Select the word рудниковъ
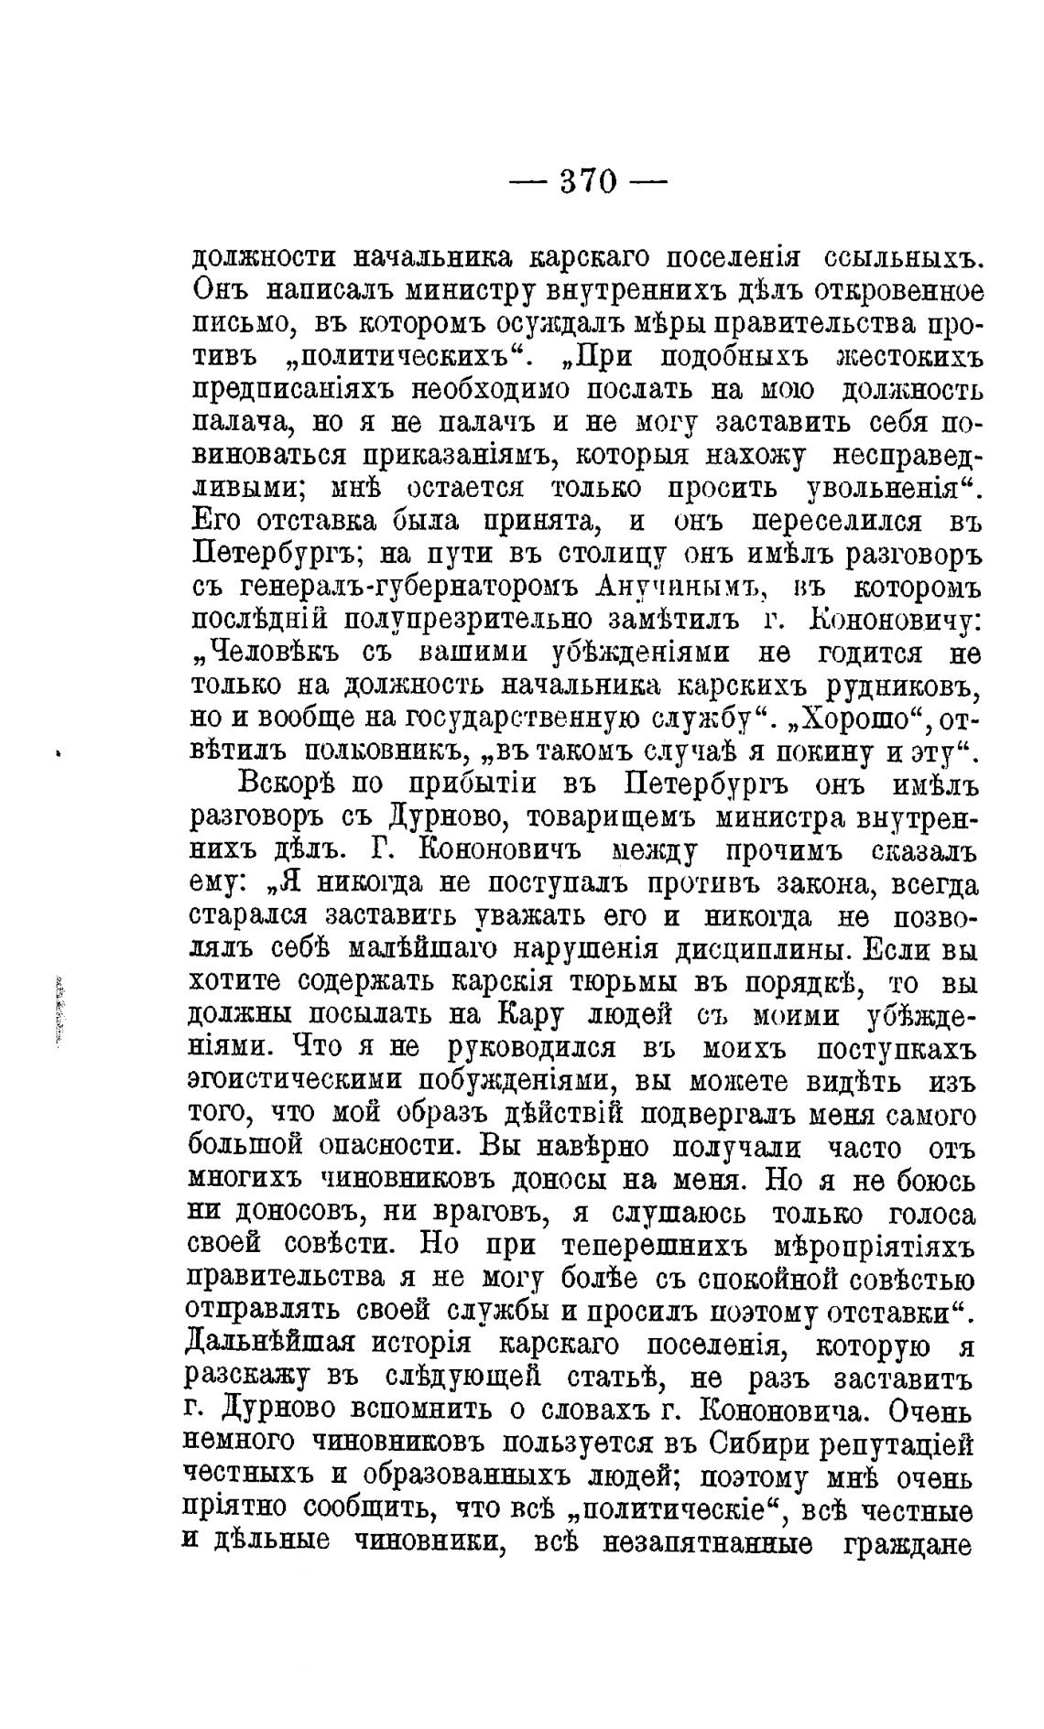888,686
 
